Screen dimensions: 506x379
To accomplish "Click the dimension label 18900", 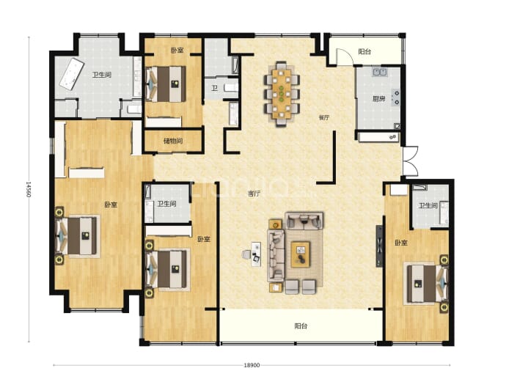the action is coord(252,365).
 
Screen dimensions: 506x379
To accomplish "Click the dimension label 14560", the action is coord(29,189).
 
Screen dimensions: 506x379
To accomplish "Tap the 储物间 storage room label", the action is coord(173,141).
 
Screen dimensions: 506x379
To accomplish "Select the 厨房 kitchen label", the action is coord(379,99).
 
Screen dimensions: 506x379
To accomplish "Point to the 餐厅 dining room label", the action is coord(324,117).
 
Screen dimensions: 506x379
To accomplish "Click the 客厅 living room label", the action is coord(254,194).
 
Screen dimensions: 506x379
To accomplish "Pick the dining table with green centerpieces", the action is coord(282,94).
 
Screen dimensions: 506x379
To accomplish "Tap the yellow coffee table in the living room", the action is coord(301,254).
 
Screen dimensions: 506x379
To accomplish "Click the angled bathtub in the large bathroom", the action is coord(71,74).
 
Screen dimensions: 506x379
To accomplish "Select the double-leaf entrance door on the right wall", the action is coord(411,161).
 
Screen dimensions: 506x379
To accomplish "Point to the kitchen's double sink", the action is coord(381,72).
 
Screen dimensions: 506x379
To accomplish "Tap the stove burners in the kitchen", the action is coord(396,97).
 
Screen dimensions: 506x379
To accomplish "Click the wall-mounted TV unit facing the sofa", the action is coord(380,246).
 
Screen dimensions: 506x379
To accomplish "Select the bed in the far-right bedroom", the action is coord(426,284).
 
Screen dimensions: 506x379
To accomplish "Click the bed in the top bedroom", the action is coord(166,84).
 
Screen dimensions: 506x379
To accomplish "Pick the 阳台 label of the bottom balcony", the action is coord(301,325).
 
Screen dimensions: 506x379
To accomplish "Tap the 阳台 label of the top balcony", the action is coord(364,51).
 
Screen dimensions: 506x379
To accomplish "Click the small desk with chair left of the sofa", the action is coord(253,254).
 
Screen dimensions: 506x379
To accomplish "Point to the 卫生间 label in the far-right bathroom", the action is coord(428,205).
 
